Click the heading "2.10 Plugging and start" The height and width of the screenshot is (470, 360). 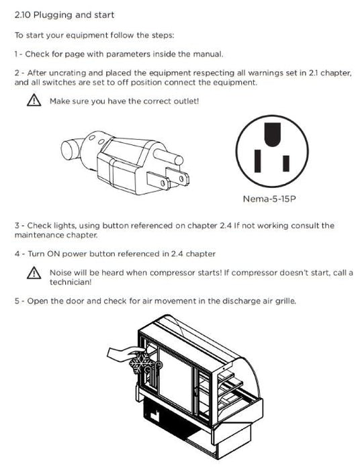(x=64, y=15)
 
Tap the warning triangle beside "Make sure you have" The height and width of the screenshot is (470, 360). (x=34, y=100)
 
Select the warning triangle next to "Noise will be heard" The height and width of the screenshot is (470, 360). (x=34, y=273)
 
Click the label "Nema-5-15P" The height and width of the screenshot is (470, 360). (x=269, y=199)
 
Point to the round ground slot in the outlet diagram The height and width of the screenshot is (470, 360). (x=273, y=134)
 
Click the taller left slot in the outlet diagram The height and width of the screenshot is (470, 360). (x=257, y=161)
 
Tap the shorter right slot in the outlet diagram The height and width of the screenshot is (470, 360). (x=286, y=163)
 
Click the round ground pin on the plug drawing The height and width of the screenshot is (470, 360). (x=168, y=155)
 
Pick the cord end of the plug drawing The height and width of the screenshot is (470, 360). (x=71, y=148)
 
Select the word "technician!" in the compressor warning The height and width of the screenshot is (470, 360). (x=70, y=282)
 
